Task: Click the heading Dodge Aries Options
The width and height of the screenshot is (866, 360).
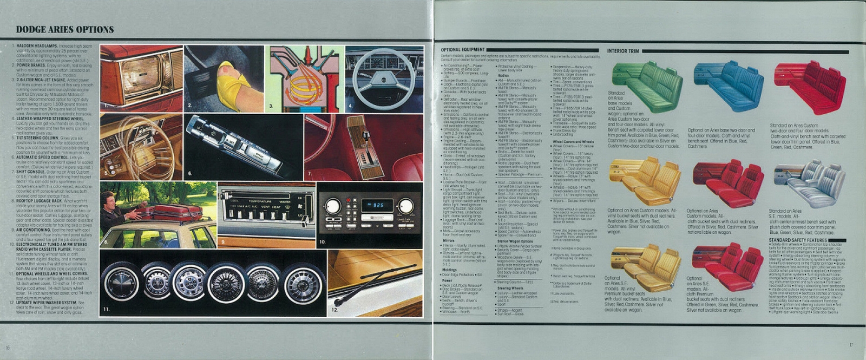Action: pos(65,30)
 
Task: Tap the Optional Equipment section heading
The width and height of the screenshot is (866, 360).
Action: pos(463,50)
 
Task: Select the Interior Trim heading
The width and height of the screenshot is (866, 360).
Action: pos(623,51)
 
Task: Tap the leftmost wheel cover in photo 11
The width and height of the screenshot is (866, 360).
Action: pos(122,285)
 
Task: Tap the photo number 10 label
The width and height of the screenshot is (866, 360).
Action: pos(322,241)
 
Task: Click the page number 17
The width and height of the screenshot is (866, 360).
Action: pos(851,345)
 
